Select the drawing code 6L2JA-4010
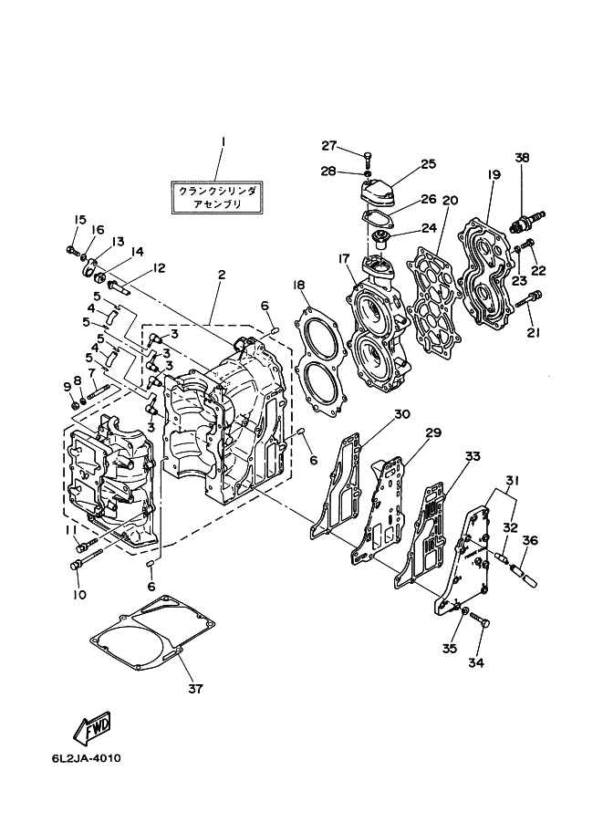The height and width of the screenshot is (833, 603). (x=87, y=758)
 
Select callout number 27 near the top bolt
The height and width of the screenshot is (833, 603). (x=328, y=146)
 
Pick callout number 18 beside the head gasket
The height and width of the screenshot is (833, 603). (x=298, y=286)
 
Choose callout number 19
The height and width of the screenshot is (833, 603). (x=492, y=173)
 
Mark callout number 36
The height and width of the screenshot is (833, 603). (x=529, y=539)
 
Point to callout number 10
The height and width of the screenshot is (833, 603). (x=80, y=595)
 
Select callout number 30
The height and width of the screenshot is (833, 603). (x=402, y=413)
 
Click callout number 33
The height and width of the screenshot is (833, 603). (x=472, y=455)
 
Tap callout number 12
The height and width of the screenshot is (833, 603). (x=159, y=268)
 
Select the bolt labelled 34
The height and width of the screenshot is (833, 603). (x=482, y=623)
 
